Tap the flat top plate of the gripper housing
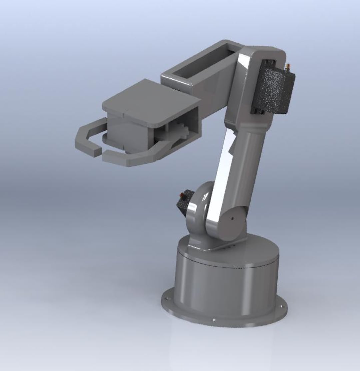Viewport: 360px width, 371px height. coord(150,100)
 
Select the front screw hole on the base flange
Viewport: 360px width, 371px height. coord(214,320)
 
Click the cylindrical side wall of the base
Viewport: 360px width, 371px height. coord(227,287)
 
